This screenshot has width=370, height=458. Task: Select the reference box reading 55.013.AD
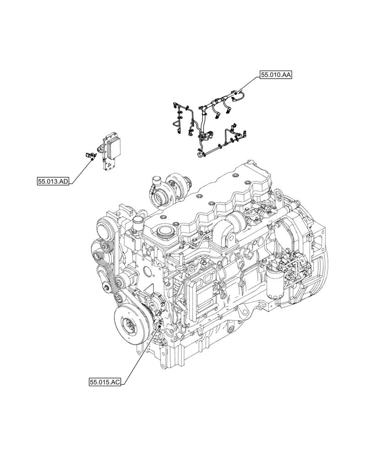[x=54, y=182]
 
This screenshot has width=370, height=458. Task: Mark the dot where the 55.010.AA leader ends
[x=235, y=98]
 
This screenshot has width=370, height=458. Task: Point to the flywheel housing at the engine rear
[x=311, y=256]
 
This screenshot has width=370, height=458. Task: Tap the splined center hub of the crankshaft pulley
[x=130, y=329]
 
